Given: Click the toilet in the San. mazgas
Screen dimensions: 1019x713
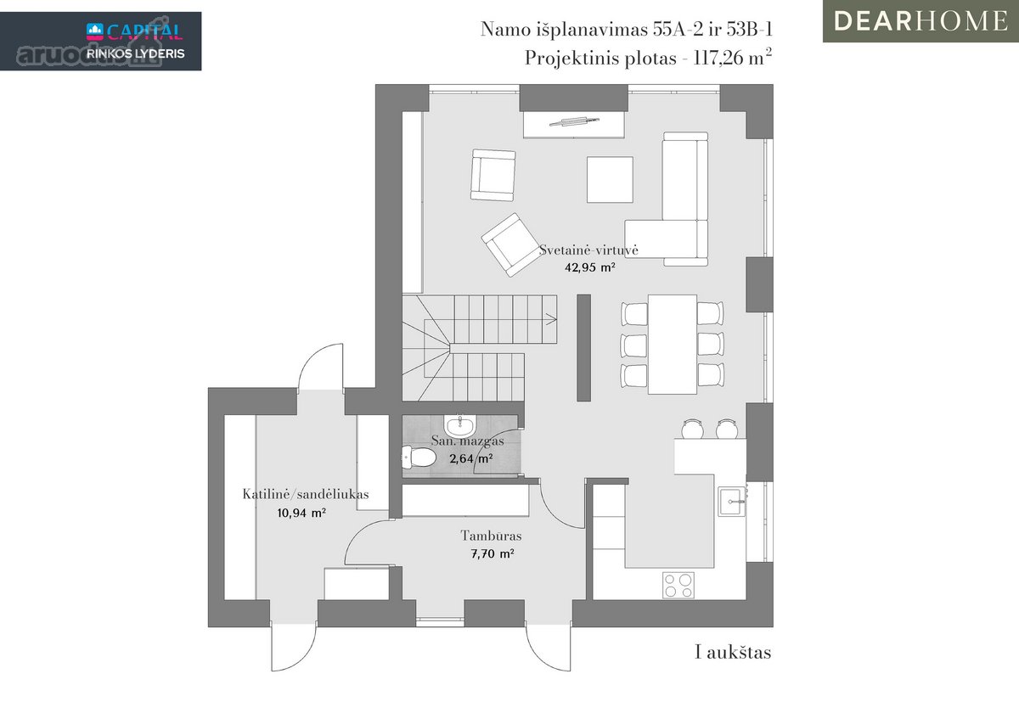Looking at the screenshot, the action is pyautogui.click(x=418, y=457).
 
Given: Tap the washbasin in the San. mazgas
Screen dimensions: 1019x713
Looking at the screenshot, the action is pyautogui.click(x=460, y=425).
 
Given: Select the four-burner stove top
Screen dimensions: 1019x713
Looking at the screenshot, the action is pyautogui.click(x=678, y=585).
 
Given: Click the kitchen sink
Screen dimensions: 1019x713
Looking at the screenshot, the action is pyautogui.click(x=732, y=501).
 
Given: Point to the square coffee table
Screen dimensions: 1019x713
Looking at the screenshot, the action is pyautogui.click(x=610, y=180).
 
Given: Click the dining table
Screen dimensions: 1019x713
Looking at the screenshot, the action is pyautogui.click(x=673, y=345).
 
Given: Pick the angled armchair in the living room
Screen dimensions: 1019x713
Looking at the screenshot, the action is pyautogui.click(x=512, y=244).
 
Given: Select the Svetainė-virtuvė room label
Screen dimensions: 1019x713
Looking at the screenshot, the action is pyautogui.click(x=588, y=250).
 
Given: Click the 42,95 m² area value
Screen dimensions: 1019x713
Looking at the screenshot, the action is pyautogui.click(x=590, y=267).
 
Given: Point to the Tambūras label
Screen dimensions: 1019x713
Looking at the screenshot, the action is pyautogui.click(x=492, y=536).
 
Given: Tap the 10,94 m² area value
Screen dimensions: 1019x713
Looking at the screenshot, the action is pyautogui.click(x=301, y=513).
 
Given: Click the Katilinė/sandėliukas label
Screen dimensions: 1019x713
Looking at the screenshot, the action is pyautogui.click(x=305, y=494).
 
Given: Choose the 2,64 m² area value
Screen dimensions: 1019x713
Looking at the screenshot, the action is pyautogui.click(x=471, y=458).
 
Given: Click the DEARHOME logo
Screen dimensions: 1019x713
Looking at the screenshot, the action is pyautogui.click(x=920, y=21).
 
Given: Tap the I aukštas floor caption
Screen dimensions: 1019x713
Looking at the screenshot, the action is pyautogui.click(x=733, y=653).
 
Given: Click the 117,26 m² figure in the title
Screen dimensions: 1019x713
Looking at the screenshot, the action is pyautogui.click(x=732, y=58).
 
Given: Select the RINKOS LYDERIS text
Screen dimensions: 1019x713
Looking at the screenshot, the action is pyautogui.click(x=136, y=53).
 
